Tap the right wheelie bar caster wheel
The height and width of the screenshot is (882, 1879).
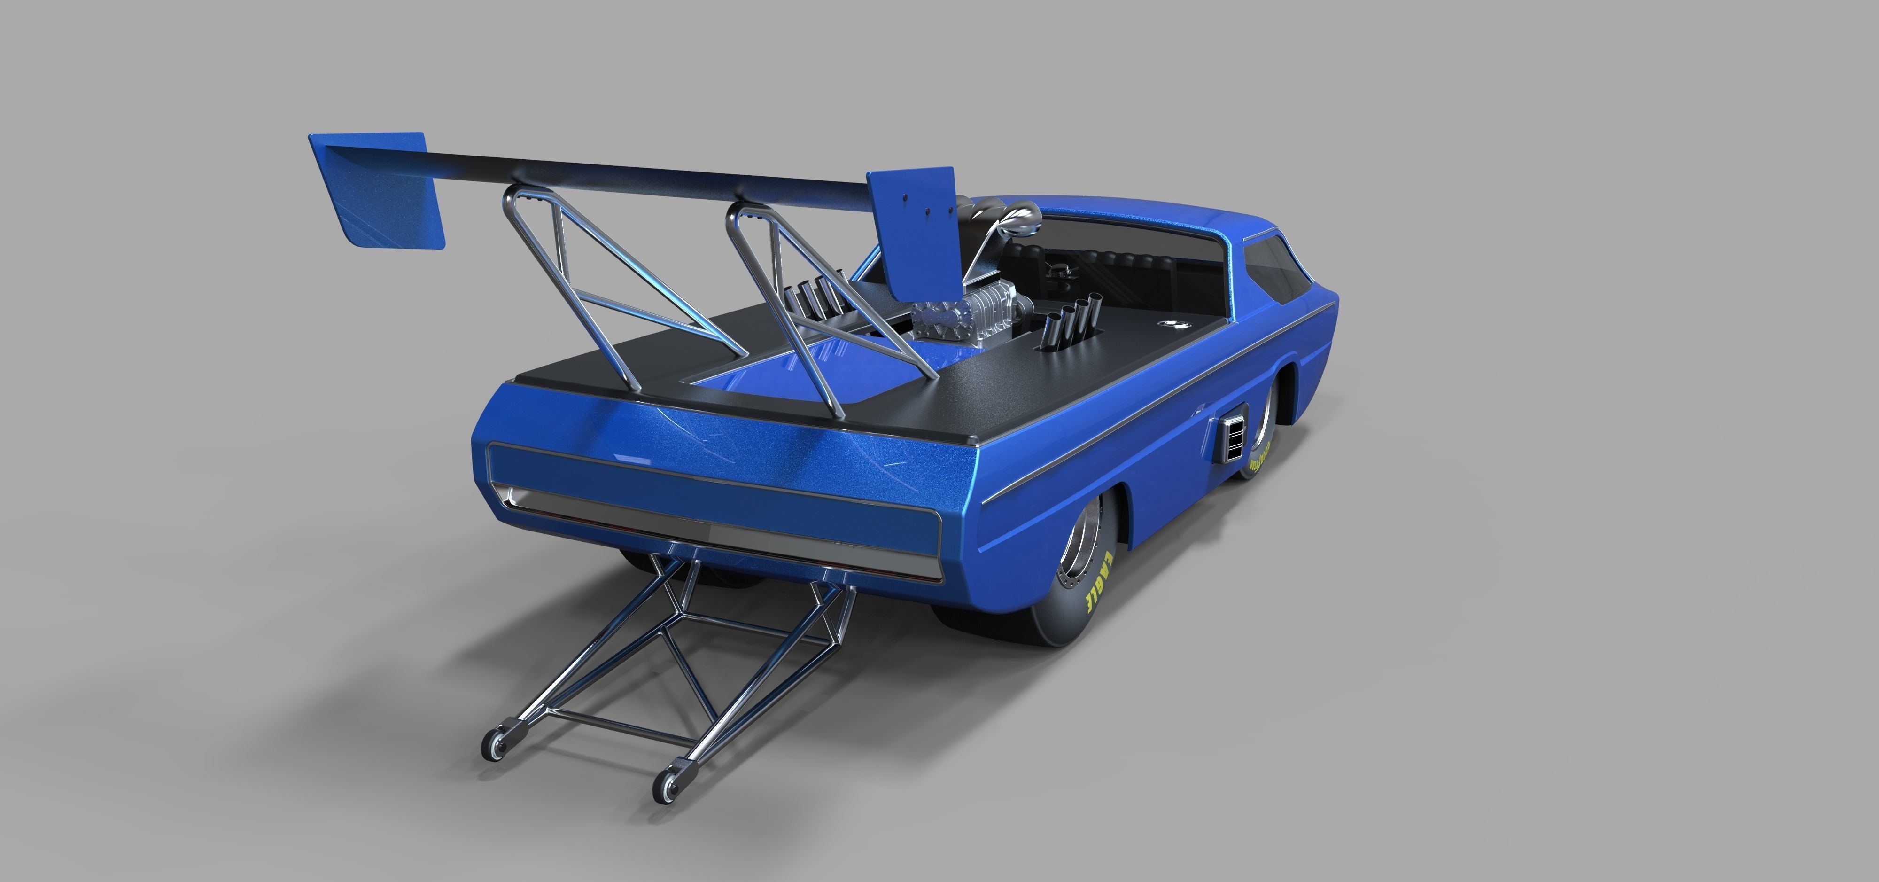coord(665,790)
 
